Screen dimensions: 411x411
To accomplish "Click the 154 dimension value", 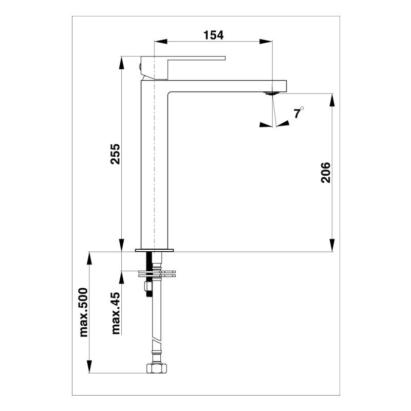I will tap(214, 35).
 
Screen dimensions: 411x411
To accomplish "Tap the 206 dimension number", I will tap(326, 173).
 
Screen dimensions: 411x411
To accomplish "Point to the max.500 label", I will tap(84, 312).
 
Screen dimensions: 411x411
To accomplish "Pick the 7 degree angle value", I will tap(297, 114).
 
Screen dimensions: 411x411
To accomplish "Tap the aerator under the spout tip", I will tap(271, 93).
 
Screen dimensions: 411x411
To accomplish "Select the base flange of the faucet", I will tap(154, 251).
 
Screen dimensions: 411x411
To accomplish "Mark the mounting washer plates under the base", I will tap(157, 273).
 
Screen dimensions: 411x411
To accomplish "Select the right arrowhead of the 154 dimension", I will tap(267, 42).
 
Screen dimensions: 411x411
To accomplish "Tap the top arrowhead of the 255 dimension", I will tap(122, 61).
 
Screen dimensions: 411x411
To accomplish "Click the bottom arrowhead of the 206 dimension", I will tap(332, 247).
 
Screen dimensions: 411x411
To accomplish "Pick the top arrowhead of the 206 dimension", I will tap(332, 98).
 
